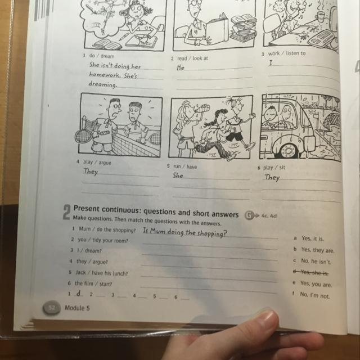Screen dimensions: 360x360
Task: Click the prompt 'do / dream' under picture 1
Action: coord(102,56)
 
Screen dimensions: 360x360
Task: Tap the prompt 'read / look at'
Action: coord(192,58)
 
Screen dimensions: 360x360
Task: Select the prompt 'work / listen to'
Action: coord(287,53)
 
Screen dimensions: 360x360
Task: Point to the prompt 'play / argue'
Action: coord(97,162)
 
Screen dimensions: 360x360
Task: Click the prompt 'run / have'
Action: coord(185,166)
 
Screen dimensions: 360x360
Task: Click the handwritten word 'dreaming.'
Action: coord(103,84)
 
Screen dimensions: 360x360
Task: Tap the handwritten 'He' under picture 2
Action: coord(181,67)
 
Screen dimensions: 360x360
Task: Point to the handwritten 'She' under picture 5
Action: coord(178,175)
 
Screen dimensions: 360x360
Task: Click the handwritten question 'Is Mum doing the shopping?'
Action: coord(185,232)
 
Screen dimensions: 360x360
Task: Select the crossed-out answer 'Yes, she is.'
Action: coord(311,272)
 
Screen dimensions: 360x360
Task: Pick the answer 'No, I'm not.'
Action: coord(315,295)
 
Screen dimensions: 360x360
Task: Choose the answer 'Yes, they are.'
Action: coord(318,250)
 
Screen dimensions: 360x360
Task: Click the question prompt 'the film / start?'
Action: coord(93,283)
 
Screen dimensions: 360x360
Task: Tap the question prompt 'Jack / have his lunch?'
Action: coord(102,273)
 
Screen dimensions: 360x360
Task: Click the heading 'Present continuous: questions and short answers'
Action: coord(156,211)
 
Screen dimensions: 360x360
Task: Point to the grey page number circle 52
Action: coord(51,308)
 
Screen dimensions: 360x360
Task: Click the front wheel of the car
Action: coord(289,150)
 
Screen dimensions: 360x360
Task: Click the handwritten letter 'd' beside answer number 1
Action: coord(79,293)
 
